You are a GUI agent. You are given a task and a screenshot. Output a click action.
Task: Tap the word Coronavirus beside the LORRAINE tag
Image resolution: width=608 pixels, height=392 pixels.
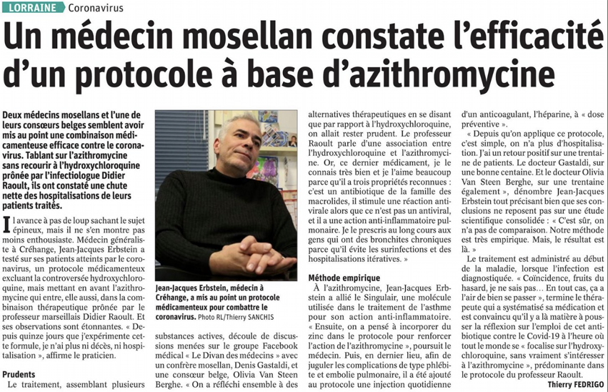tap(97, 8)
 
